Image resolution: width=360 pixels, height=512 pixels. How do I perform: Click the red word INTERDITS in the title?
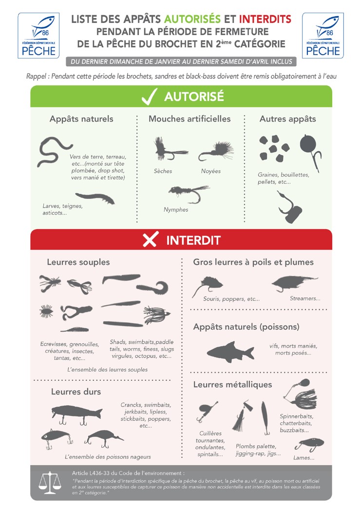[265, 20]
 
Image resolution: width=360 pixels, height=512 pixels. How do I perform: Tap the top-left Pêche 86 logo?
[38, 36]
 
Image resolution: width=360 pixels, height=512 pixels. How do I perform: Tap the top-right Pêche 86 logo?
[323, 36]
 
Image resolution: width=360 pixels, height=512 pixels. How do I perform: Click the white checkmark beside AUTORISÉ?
[150, 97]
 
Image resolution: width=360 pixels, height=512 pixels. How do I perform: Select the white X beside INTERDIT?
[151, 239]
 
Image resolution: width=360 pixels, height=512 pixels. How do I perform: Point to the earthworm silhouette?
[54, 151]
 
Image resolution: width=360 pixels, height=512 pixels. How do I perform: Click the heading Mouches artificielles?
[189, 119]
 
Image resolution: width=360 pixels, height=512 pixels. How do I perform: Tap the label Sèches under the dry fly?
[163, 171]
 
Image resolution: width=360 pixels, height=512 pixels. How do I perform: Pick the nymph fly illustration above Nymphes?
[189, 194]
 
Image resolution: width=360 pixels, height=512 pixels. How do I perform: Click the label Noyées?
[210, 171]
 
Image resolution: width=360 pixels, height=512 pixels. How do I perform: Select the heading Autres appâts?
[287, 119]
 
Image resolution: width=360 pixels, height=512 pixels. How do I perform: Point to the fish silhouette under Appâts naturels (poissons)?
[230, 352]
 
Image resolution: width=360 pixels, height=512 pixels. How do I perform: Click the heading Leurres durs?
[76, 392]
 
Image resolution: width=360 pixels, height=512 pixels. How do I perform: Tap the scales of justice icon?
[50, 482]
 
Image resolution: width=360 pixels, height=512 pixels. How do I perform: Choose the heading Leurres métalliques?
[232, 384]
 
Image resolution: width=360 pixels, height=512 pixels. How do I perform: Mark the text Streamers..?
[305, 298]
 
